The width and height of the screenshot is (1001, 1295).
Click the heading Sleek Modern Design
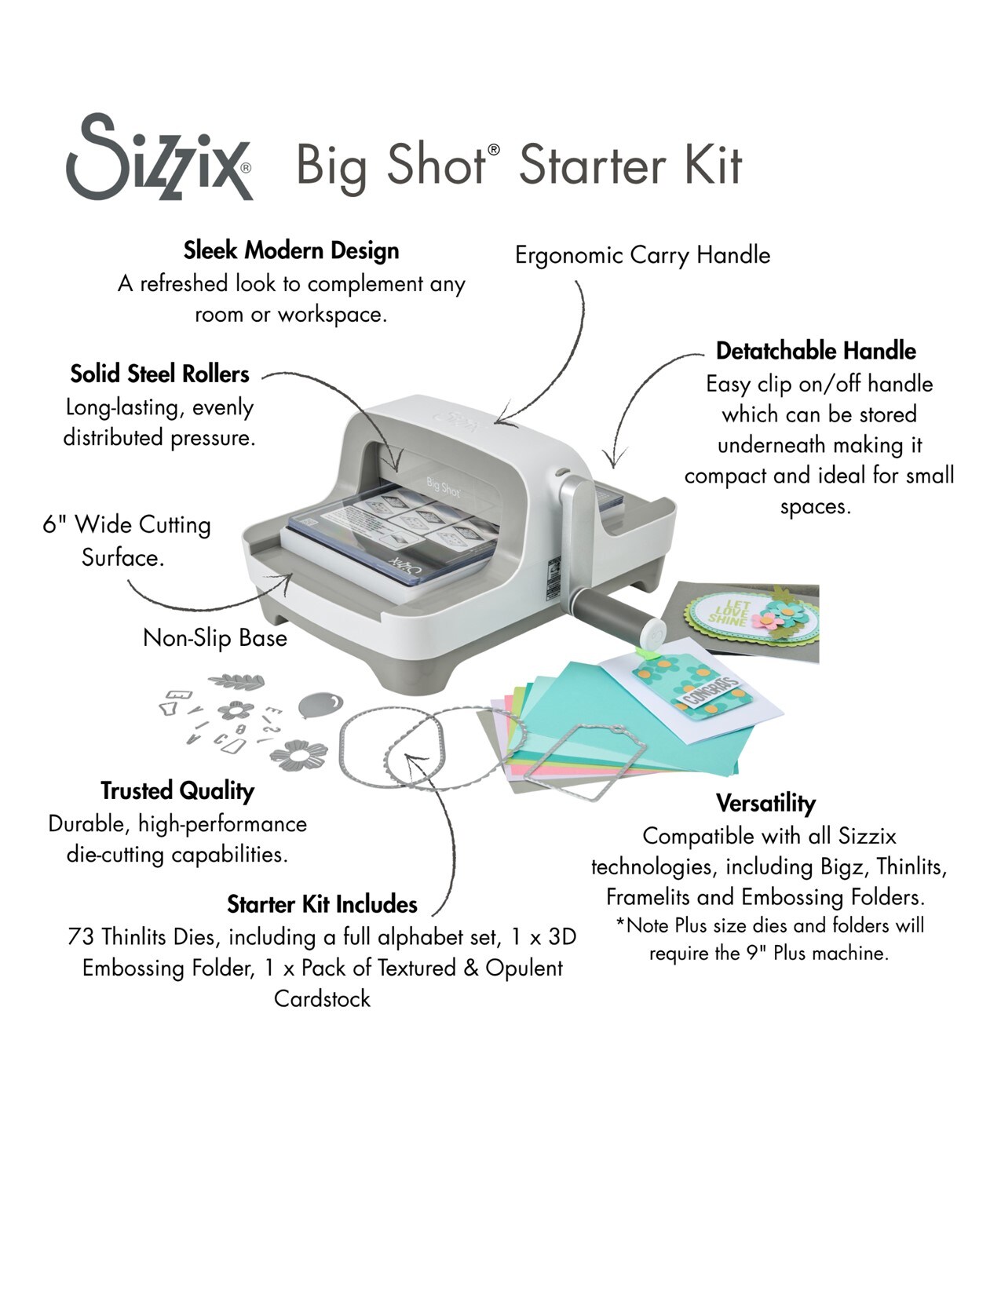(291, 250)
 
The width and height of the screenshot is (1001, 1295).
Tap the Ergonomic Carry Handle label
(642, 255)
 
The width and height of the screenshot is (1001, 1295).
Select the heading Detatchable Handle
(816, 351)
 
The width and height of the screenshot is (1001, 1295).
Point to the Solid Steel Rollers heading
(159, 374)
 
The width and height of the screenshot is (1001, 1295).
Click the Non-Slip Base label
(215, 637)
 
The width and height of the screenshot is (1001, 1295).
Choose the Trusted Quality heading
(177, 790)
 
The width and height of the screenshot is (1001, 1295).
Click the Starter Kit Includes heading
(322, 904)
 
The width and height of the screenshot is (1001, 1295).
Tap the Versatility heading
(765, 803)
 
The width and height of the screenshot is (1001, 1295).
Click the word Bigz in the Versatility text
(845, 867)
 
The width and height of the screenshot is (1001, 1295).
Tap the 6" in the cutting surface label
(54, 524)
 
